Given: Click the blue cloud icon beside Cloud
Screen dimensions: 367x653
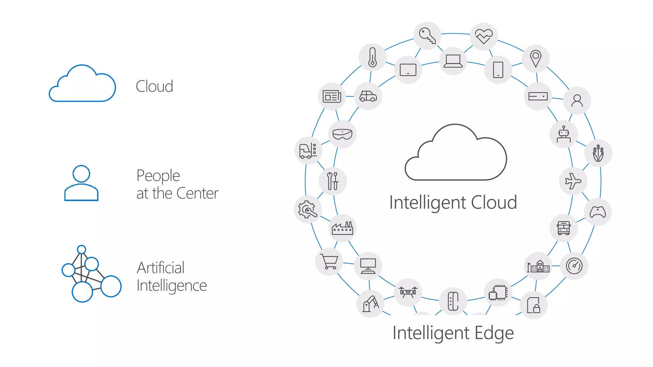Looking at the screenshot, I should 82,84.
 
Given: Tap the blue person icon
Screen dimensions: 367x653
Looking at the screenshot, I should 81,183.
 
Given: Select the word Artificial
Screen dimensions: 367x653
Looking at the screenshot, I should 160,268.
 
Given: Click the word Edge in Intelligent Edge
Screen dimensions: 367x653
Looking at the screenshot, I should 494,333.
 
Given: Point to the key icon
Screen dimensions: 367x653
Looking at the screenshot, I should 427,35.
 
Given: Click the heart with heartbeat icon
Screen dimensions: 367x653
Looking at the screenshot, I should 484,36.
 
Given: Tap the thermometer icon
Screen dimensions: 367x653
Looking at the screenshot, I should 372,57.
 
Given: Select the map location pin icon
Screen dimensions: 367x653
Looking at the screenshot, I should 536,59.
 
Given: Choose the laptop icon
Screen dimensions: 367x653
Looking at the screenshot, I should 453,61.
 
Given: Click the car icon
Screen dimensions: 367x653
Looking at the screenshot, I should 368,96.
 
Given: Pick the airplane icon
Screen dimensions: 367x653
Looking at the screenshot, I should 573,181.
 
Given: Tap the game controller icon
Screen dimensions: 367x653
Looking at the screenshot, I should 598,212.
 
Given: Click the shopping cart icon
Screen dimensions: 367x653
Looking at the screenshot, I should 329,262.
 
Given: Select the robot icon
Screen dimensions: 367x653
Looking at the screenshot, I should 564,134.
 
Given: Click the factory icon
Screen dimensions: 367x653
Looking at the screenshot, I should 342,228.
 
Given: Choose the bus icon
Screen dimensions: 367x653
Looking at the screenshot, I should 564,228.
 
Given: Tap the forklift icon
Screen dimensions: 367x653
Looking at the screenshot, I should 308,150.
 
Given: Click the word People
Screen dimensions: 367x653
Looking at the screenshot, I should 158,176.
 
